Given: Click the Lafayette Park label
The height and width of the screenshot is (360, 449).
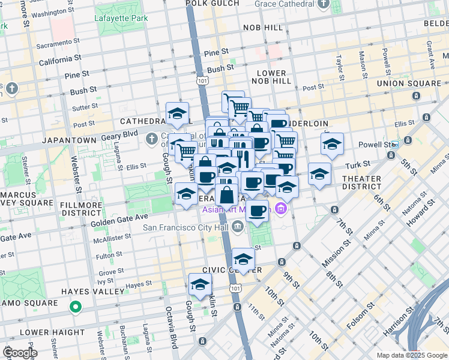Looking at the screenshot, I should (x=121, y=18).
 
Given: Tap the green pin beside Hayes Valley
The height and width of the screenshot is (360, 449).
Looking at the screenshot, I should (x=75, y=308).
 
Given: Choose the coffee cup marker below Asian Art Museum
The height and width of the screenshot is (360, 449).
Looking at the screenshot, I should (x=258, y=212).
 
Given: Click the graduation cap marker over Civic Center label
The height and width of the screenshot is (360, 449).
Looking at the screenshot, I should (x=243, y=259).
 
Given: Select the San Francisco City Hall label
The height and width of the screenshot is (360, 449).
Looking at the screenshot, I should (x=186, y=227).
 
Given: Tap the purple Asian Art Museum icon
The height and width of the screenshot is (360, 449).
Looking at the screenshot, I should (x=280, y=209).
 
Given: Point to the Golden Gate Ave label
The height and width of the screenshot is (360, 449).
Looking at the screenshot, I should (x=119, y=219).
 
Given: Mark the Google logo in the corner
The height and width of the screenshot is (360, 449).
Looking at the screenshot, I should (x=20, y=352).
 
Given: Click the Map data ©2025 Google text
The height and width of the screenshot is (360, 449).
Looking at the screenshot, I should (x=412, y=355).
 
